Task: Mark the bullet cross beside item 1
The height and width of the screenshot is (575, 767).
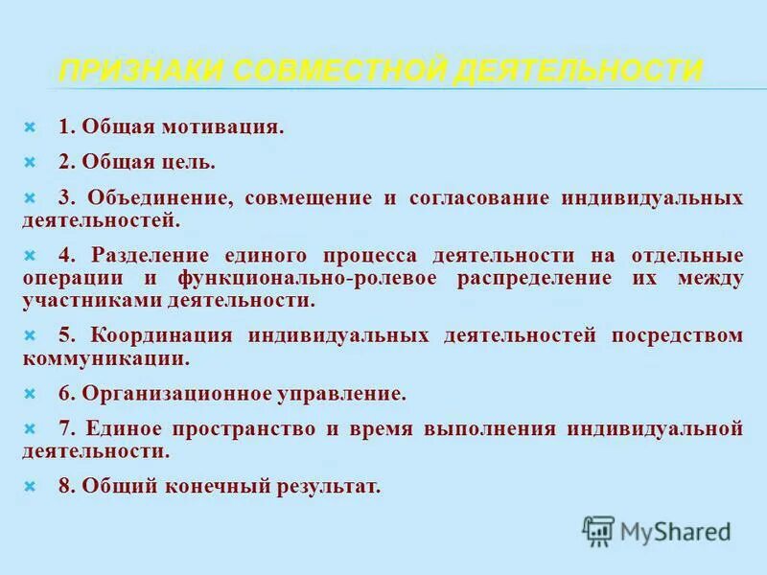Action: (x=30, y=127)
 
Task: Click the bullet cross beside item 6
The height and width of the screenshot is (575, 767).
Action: (x=30, y=393)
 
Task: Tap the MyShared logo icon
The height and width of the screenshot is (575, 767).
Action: (x=598, y=530)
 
